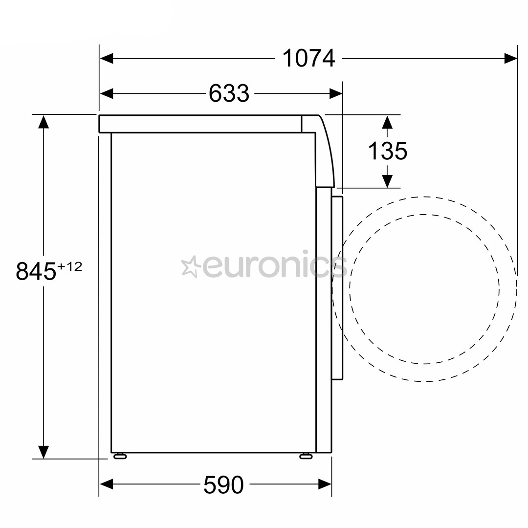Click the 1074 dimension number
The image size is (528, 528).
pyautogui.click(x=309, y=59)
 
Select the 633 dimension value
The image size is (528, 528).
pyautogui.click(x=229, y=93)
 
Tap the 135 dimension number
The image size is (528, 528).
pyautogui.click(x=388, y=151)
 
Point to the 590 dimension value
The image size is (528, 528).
pyautogui.click(x=223, y=484)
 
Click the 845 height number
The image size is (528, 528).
pyautogui.click(x=36, y=271)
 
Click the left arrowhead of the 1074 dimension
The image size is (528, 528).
pyautogui.click(x=107, y=59)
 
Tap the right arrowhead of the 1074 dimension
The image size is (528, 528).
pyautogui.click(x=510, y=59)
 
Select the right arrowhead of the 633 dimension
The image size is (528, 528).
pyautogui.click(x=336, y=93)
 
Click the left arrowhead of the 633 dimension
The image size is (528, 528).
pyautogui.click(x=107, y=93)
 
